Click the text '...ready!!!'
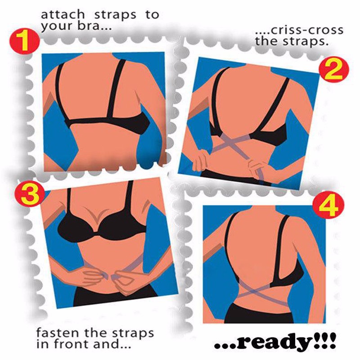pos(275,342)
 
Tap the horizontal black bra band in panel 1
pos(108,122)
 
